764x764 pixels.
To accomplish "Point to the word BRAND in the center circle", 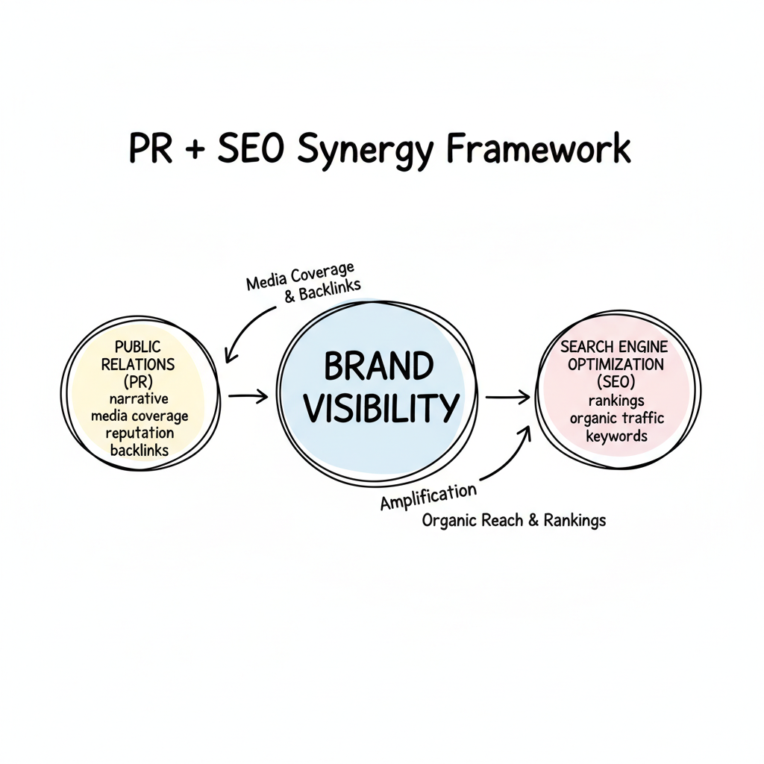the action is tap(378, 367).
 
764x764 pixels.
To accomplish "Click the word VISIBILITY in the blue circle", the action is tap(383, 407).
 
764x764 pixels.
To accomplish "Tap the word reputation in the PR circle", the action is tap(140, 433).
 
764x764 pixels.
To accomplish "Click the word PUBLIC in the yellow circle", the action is tap(138, 347).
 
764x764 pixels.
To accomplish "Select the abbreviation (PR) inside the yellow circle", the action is tap(140, 381).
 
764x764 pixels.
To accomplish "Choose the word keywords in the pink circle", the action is tap(616, 436).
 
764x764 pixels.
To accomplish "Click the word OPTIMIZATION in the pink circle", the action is tap(616, 364).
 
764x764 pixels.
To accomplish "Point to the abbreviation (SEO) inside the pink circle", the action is tap(616, 381).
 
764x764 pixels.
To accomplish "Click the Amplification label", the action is tap(428, 496).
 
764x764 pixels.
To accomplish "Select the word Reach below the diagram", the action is tap(504, 521).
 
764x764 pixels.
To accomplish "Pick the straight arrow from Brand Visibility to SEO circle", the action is tap(507, 398).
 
